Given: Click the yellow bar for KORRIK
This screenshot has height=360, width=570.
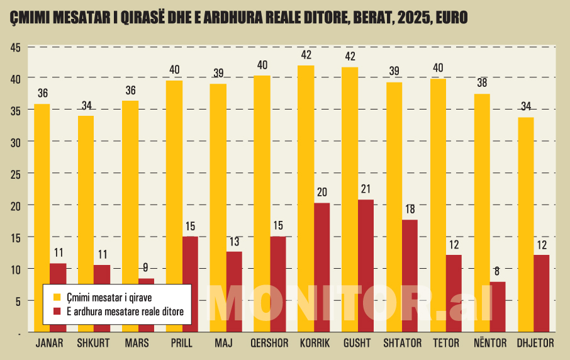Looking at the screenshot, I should click(306, 198).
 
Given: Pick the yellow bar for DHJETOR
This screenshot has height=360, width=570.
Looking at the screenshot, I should click(525, 224).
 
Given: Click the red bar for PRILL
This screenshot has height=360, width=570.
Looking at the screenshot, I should click(190, 283).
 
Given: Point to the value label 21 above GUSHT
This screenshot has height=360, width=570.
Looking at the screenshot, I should click(366, 189).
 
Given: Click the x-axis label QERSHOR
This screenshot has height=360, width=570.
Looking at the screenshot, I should click(269, 344).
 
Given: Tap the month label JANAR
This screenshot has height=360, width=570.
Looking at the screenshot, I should click(50, 344).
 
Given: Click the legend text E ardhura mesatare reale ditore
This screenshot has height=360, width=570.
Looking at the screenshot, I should click(125, 312).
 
